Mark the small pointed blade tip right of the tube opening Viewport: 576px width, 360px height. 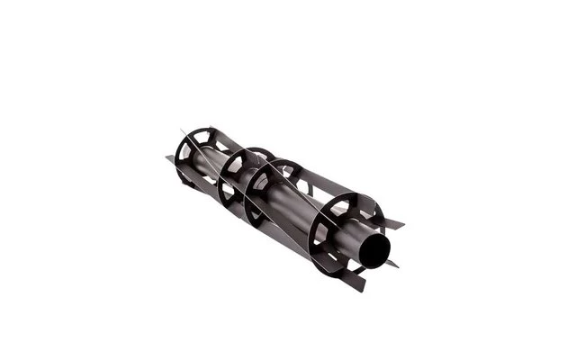coord(392,264)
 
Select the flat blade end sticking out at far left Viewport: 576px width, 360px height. coord(169,159)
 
